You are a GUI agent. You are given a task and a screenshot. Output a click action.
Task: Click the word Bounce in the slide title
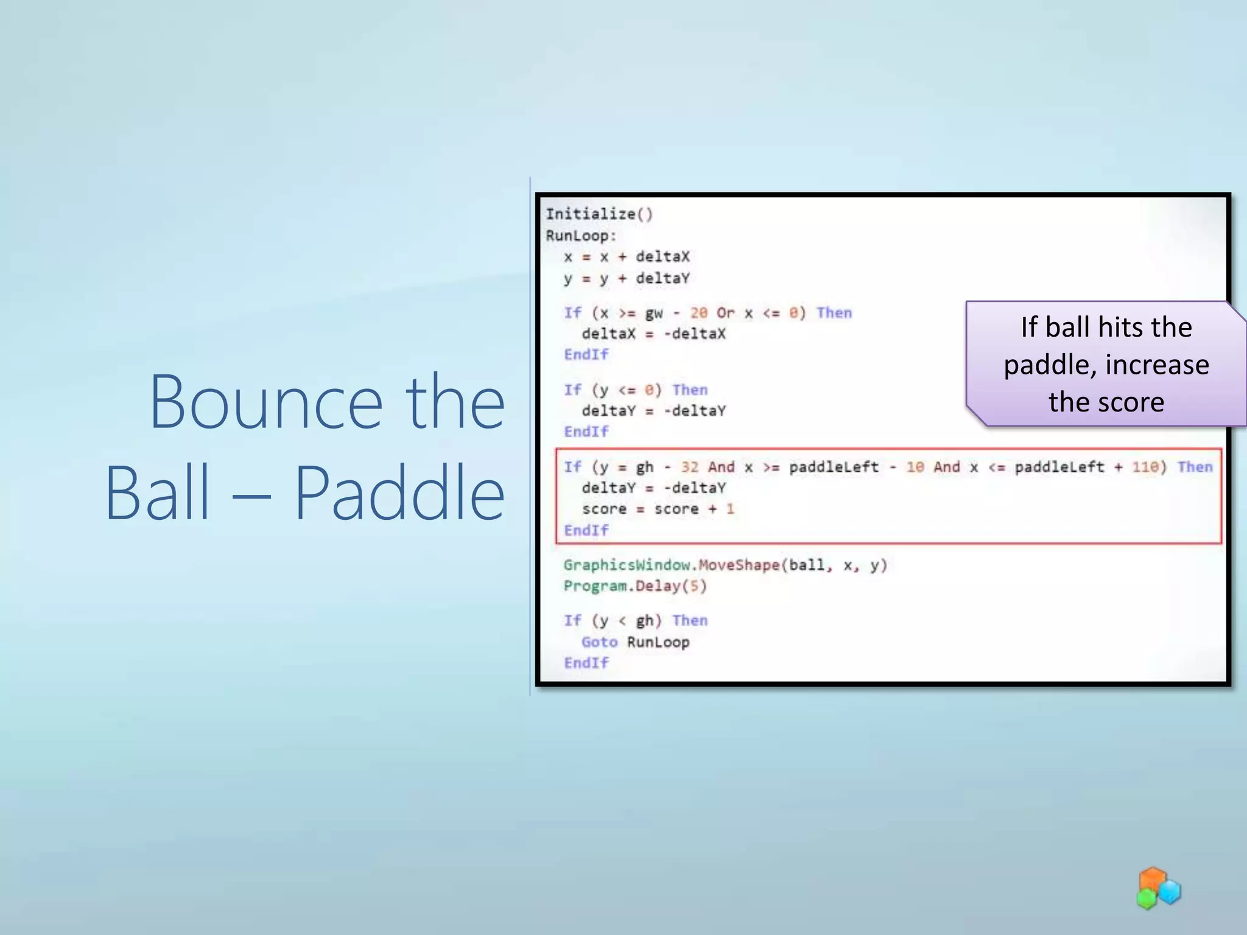265,403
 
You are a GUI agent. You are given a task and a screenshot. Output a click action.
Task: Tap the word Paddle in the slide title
399,493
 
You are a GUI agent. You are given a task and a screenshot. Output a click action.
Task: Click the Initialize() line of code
599,214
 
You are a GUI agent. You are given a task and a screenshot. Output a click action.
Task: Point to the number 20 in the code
698,313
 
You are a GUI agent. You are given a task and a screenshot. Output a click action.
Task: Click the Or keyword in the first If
725,313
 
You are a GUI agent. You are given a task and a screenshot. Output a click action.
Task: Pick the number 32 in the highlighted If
690,467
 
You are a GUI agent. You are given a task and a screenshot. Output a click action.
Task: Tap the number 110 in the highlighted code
1145,467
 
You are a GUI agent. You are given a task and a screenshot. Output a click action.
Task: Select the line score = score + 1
658,509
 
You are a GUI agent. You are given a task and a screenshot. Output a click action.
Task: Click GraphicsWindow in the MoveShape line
627,565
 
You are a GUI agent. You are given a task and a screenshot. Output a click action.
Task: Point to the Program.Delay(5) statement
634,586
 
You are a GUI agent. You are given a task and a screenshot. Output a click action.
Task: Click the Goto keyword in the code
599,642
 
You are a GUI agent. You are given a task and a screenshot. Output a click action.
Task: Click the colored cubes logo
1158,889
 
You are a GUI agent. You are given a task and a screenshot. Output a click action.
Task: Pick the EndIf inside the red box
586,531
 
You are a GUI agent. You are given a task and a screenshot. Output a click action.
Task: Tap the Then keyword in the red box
1195,467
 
